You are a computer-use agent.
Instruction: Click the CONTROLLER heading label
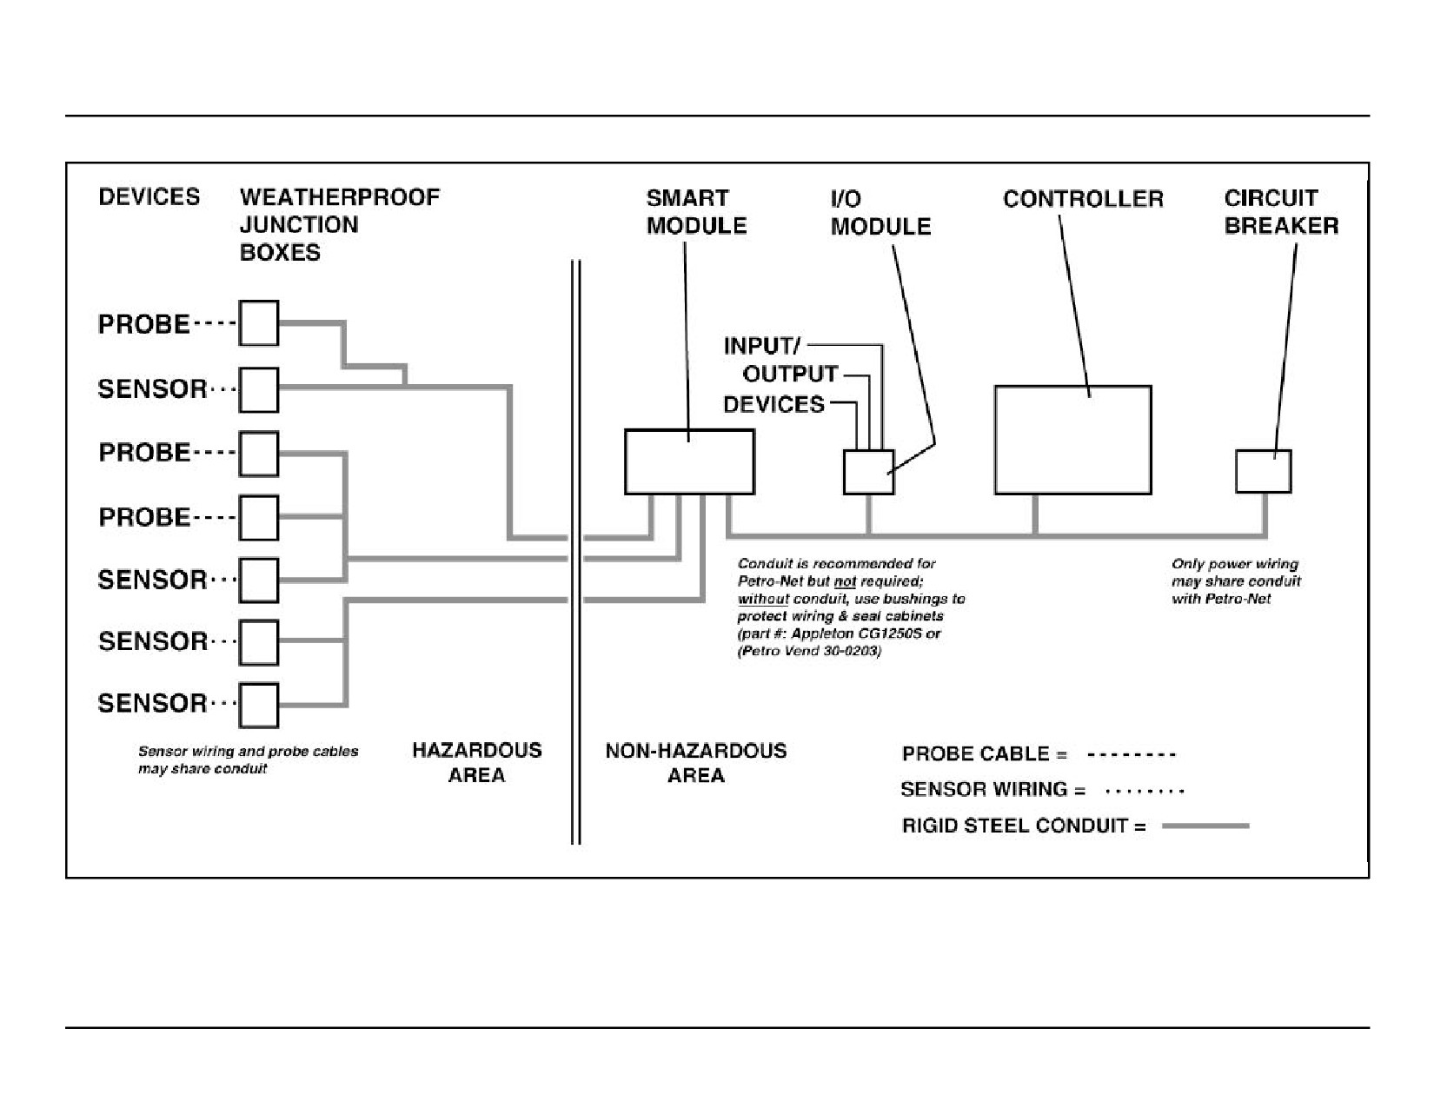[1083, 199]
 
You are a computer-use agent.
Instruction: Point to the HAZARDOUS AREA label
[476, 762]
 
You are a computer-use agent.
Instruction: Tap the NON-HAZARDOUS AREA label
[696, 762]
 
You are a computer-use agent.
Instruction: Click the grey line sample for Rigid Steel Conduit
[1205, 826]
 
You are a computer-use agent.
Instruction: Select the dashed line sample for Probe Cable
[1131, 754]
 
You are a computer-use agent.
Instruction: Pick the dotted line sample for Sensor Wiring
[1145, 791]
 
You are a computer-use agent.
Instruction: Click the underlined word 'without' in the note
[763, 600]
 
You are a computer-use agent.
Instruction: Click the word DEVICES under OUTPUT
[774, 405]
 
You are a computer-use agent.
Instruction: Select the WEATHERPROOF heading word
[340, 197]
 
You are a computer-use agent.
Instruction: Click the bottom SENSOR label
[152, 703]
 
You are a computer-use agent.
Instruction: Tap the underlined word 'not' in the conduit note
[845, 581]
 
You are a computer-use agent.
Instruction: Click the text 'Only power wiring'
[1235, 564]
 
